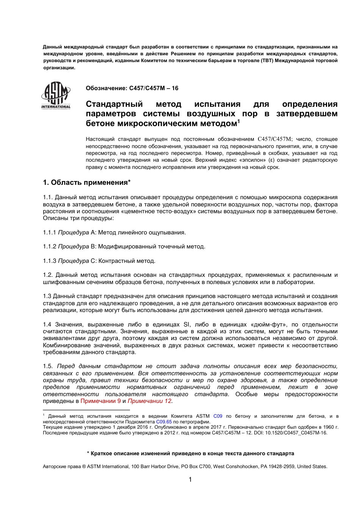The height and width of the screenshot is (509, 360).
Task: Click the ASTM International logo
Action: click(x=56, y=95)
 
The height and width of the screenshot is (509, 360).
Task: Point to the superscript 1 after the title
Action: click(x=238, y=121)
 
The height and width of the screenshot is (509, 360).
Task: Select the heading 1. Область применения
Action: click(x=87, y=183)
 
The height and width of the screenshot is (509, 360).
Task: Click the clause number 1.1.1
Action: click(x=49, y=233)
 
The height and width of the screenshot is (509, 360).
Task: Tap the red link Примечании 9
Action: click(x=101, y=401)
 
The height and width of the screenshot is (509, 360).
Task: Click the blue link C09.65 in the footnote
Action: click(x=164, y=422)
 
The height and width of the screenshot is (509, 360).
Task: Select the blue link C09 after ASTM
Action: click(x=218, y=416)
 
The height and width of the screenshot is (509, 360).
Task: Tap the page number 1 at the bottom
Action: click(x=190, y=480)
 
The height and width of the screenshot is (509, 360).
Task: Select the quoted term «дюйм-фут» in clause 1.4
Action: click(x=267, y=325)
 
